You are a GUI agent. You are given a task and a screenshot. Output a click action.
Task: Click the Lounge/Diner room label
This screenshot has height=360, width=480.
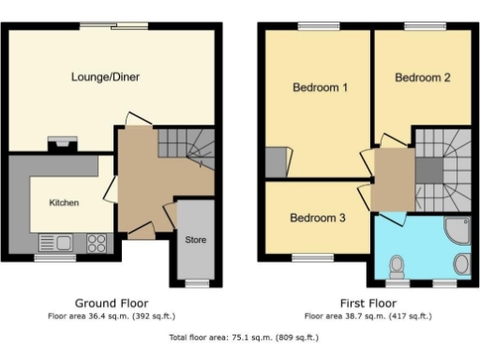(x=106, y=77)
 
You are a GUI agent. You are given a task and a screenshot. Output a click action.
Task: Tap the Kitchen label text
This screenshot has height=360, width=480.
(x=64, y=202)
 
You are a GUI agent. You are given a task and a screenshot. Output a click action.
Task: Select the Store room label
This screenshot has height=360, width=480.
(x=195, y=240)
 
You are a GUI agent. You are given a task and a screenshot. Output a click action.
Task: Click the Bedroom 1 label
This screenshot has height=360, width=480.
(x=321, y=88)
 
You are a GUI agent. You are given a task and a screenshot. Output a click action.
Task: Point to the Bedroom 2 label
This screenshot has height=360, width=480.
(x=423, y=78)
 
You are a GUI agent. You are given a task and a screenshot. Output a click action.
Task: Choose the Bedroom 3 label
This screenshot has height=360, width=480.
(x=317, y=217)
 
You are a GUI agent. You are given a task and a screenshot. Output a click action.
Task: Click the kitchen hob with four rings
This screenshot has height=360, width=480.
(x=97, y=243)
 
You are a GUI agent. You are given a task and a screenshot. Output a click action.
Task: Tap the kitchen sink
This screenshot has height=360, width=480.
(x=56, y=243)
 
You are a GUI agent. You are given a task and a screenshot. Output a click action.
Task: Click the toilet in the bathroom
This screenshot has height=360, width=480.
(x=397, y=265)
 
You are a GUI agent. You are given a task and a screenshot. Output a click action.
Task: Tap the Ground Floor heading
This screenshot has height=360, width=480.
(x=111, y=304)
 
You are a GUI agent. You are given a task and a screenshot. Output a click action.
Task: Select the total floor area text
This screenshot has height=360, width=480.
(x=243, y=337)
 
